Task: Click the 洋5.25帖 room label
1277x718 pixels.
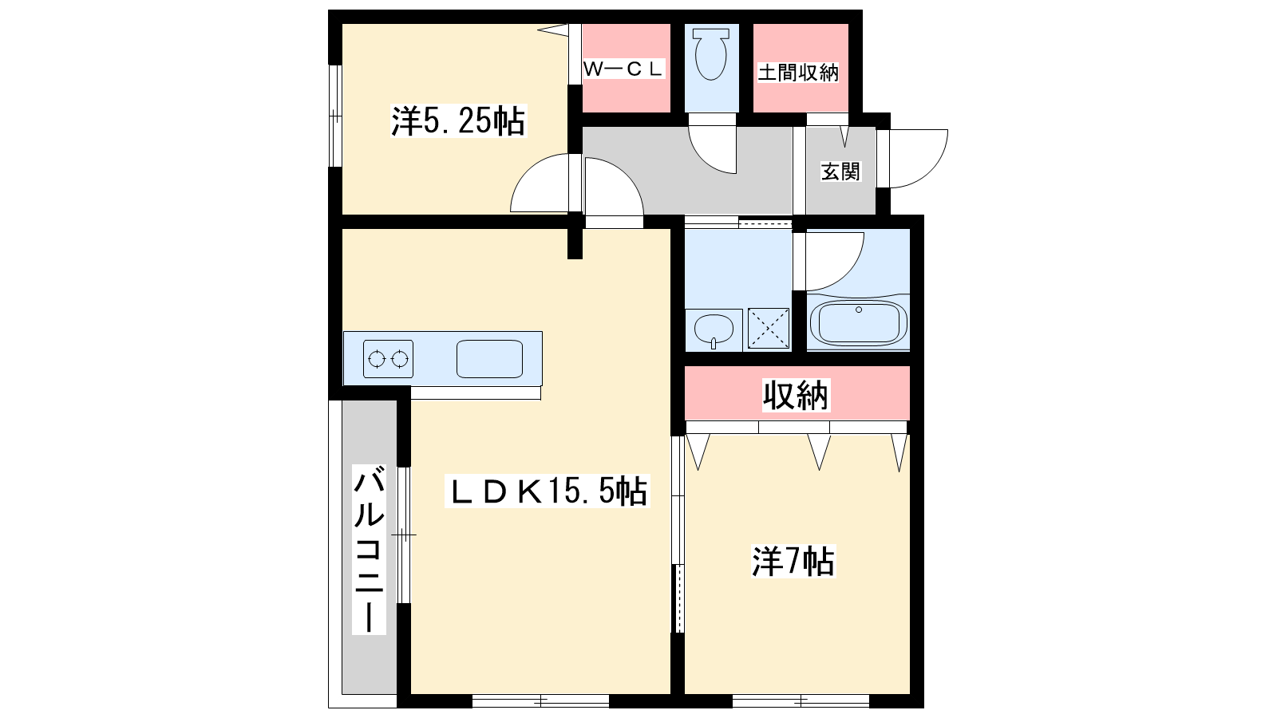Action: point(458,120)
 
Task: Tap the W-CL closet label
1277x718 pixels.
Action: point(623,69)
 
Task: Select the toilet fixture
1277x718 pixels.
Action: point(711,54)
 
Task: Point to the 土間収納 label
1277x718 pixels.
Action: point(798,73)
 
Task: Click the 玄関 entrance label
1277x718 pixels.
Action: point(840,172)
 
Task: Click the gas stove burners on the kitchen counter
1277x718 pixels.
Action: point(388,359)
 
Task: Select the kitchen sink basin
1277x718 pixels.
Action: point(490,359)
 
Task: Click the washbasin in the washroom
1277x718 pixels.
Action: point(714,330)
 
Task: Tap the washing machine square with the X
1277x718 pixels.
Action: point(769,328)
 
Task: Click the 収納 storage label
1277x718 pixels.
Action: point(796,395)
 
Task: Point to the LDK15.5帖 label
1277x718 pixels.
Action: point(548,491)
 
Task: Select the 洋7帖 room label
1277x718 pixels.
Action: point(793,562)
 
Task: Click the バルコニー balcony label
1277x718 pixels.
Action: point(369,550)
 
